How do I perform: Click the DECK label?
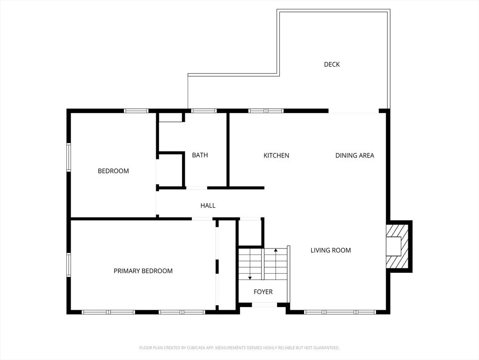point(332,64)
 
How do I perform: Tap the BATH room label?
point(200,155)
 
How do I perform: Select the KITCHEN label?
point(276,156)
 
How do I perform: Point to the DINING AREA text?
point(355,156)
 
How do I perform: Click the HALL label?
point(208,206)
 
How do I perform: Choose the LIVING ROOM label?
point(331,250)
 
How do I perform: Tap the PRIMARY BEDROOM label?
point(143,271)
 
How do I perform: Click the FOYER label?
point(263,292)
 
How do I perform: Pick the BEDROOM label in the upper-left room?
point(113,171)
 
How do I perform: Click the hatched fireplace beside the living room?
point(397,247)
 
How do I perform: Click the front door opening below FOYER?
point(265,305)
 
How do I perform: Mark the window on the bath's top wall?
point(204,111)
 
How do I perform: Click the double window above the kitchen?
point(266,111)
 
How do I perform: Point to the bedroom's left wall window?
point(69,157)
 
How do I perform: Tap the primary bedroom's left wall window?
point(69,265)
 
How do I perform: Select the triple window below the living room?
point(340,312)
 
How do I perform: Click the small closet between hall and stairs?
point(250,233)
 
